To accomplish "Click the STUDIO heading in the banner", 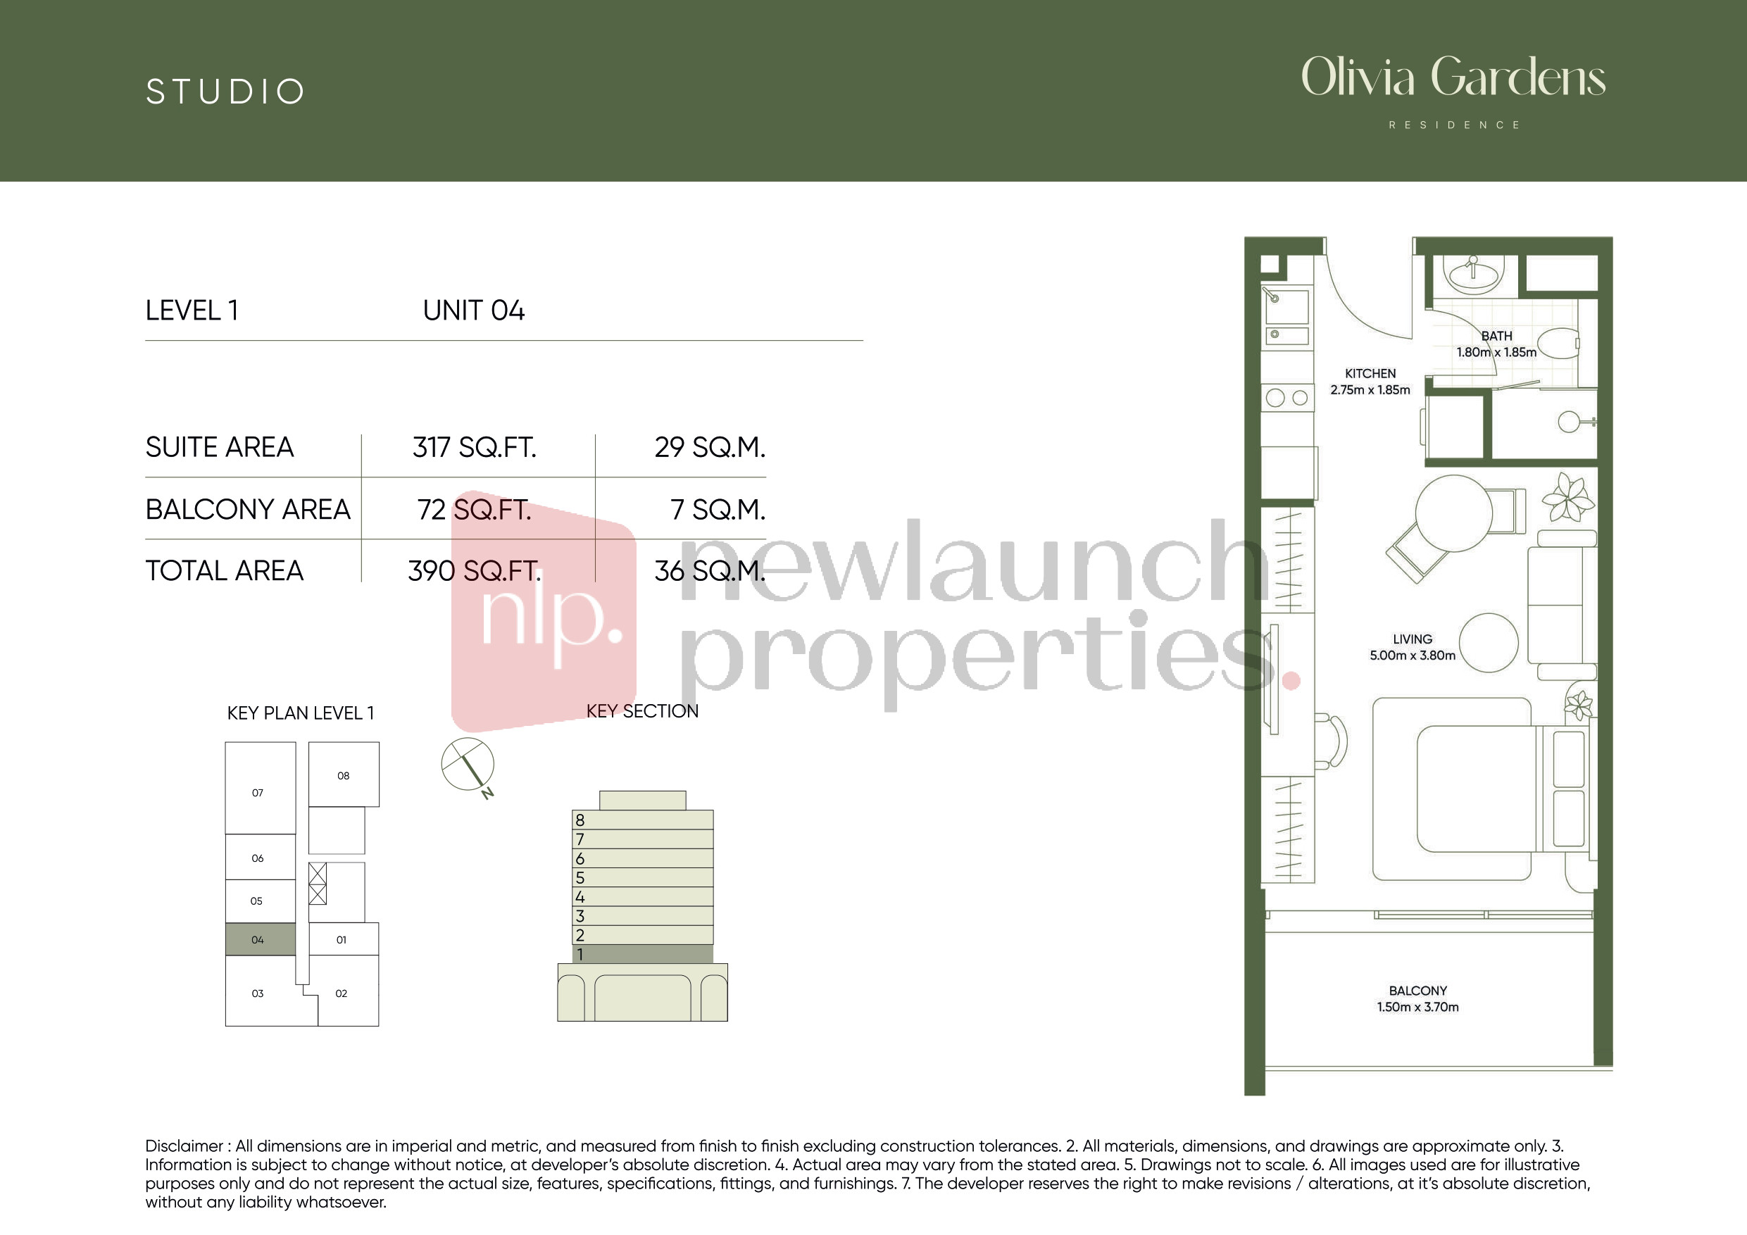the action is [x=225, y=92].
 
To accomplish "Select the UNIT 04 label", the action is [x=473, y=311].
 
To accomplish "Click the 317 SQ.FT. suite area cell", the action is [x=474, y=447].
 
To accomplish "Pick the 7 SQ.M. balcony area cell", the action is [x=718, y=510].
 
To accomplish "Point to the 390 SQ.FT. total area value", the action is [x=474, y=571].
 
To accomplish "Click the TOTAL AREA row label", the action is [x=225, y=571].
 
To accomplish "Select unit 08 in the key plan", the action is [x=343, y=775].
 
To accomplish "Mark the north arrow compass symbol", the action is [x=468, y=765].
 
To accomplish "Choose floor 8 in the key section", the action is [x=642, y=820].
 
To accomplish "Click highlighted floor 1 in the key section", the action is [x=642, y=954].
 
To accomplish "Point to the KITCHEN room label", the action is [x=1370, y=374].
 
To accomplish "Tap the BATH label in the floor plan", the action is [x=1496, y=336].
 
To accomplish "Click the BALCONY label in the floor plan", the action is [x=1417, y=991].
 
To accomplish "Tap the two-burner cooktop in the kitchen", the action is [x=1287, y=398].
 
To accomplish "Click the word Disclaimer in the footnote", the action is [x=184, y=1146].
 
